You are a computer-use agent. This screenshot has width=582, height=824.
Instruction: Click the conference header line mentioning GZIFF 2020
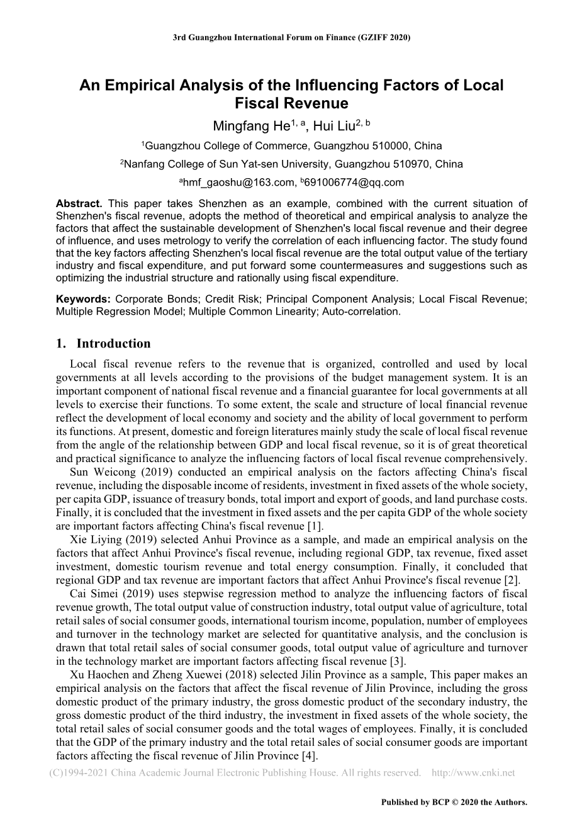click(x=291, y=37)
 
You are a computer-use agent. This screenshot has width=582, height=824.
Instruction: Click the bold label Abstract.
click(x=79, y=203)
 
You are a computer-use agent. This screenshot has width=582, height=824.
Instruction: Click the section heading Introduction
click(x=113, y=344)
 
